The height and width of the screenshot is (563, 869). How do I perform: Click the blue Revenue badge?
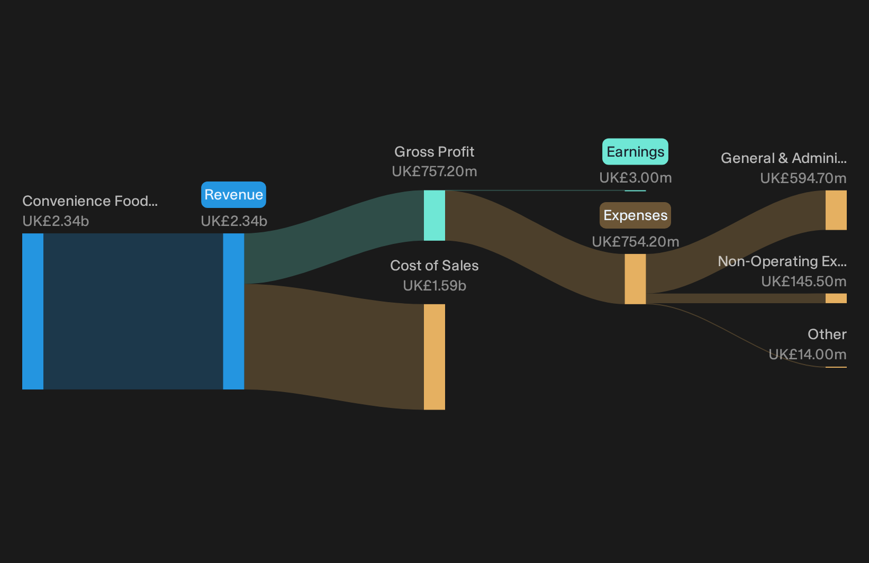point(233,195)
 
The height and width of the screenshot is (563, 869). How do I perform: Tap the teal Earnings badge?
point(635,152)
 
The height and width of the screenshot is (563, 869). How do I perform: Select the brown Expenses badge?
point(635,215)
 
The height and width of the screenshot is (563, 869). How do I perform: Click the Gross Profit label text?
point(434,152)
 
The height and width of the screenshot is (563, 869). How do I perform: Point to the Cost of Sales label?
point(434,266)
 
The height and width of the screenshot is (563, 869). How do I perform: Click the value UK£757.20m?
point(434,171)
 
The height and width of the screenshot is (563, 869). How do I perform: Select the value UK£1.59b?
point(434,286)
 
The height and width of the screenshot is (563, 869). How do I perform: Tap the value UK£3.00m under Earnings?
point(635,178)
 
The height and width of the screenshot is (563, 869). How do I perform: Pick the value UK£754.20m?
point(635,242)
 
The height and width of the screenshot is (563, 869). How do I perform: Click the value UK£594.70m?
point(803,178)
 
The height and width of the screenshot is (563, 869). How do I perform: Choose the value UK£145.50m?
point(803,281)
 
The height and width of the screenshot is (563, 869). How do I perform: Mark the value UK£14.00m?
point(807,354)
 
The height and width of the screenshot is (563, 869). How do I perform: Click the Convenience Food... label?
point(90,201)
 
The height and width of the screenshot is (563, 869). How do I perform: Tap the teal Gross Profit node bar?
point(434,215)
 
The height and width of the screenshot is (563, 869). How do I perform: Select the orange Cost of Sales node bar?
point(434,357)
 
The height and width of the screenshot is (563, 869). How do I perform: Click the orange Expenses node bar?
point(635,279)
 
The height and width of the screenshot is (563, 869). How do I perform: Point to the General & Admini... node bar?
point(836,210)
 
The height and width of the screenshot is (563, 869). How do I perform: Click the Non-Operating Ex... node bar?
point(836,298)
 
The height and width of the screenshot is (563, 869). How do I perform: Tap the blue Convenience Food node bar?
point(33,311)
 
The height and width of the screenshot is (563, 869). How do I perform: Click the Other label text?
point(827,334)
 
